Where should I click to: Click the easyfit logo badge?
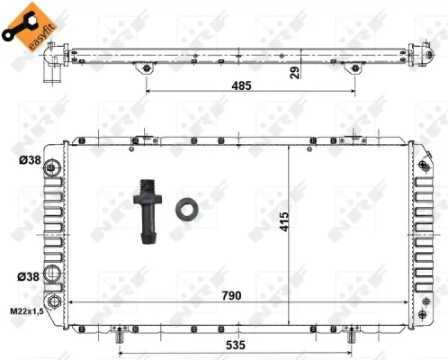tap(22, 24)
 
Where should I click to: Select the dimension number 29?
tap(294, 73)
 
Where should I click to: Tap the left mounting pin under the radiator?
tap(121, 337)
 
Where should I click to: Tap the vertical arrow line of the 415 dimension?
tap(288, 225)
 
